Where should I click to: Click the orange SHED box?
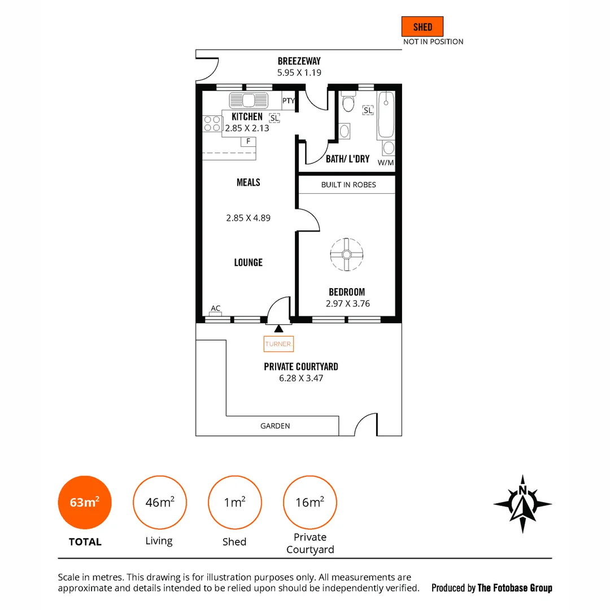click(x=422, y=27)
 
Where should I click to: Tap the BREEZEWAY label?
click(x=299, y=61)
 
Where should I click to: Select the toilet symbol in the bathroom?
click(x=348, y=103)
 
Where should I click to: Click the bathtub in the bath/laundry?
click(x=387, y=115)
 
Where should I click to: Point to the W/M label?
click(x=385, y=163)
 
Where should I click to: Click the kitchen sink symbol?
click(x=249, y=101)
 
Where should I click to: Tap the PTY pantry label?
click(x=289, y=101)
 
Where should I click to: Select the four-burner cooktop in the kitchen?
click(x=212, y=123)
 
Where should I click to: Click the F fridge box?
click(x=248, y=141)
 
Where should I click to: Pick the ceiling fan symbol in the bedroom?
click(x=346, y=255)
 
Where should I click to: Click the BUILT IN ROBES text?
click(x=348, y=185)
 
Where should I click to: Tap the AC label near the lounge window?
click(x=215, y=308)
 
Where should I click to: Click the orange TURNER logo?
click(x=278, y=343)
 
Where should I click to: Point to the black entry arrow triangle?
click(x=278, y=328)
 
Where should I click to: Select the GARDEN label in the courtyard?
click(x=275, y=426)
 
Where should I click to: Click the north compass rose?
click(x=522, y=504)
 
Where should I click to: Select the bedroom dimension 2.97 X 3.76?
click(x=347, y=303)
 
